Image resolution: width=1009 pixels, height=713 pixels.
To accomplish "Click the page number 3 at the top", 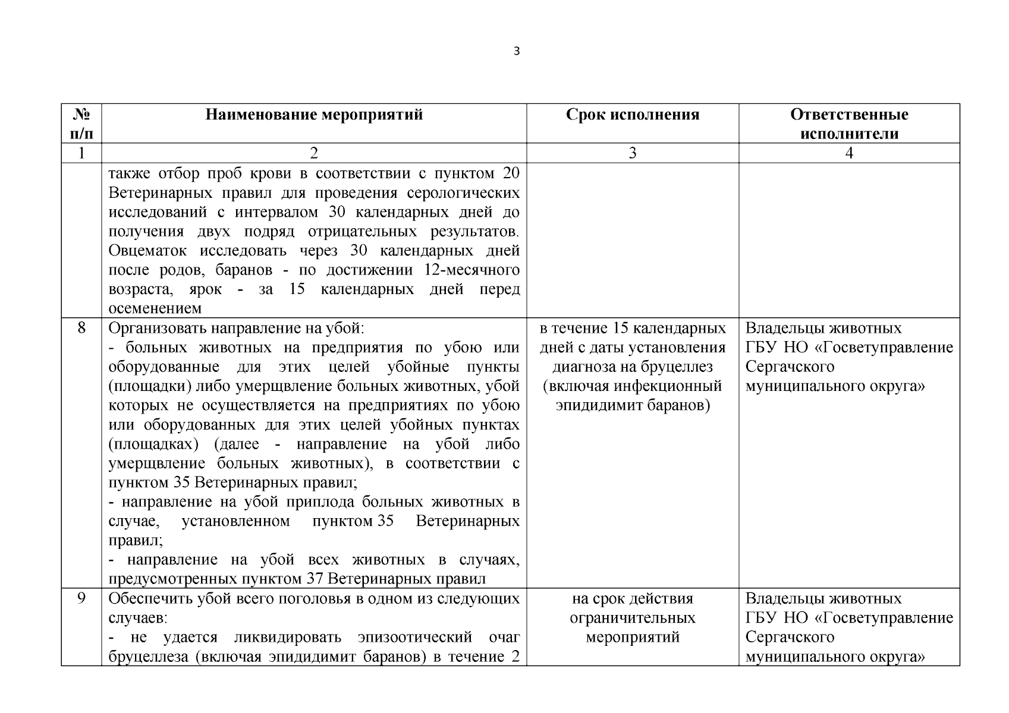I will pos(516,52).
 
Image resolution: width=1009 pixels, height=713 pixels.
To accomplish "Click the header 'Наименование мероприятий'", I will pos(314,114).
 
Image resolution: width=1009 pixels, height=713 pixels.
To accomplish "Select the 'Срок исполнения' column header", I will pos(633,114).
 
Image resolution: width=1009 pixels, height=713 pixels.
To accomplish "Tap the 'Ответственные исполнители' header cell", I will pos(849,124).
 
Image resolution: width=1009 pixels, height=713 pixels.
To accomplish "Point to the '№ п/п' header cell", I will pos(81,124).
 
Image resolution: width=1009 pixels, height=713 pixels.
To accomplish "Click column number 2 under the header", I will pos(314,153).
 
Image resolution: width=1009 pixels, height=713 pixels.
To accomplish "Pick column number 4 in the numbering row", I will pos(849,153).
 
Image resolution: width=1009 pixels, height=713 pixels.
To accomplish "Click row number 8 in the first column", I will pos(81,328).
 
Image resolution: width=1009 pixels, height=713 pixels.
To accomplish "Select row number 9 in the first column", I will pos(81,598).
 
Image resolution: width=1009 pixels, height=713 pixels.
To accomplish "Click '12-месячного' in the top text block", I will pos(472,270).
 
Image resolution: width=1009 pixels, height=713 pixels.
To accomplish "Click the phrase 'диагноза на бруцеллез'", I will pos(633,367).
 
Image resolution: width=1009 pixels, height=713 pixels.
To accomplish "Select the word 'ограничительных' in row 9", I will pos(633,618).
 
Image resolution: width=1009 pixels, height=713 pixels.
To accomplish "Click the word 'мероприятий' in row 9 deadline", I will pos(633,638).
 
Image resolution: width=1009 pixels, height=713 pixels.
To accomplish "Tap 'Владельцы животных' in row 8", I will pos(823,328).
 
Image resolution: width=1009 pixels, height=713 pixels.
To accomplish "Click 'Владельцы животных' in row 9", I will pos(823,598).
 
